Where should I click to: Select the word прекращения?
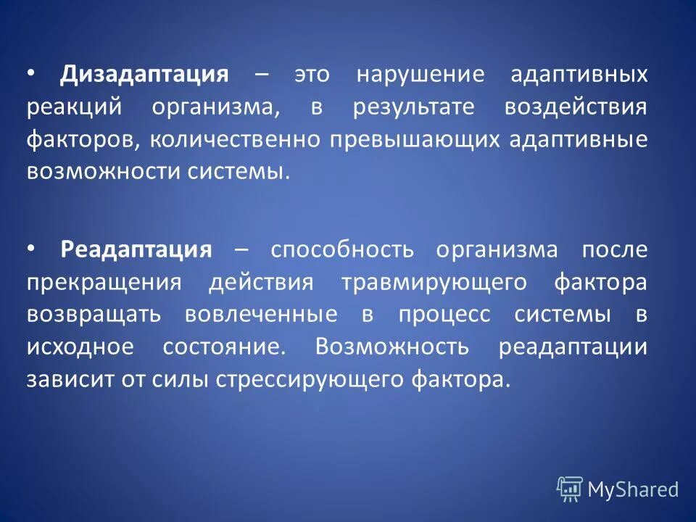click(x=104, y=282)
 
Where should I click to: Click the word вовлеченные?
click(x=261, y=315)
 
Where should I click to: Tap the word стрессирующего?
click(x=306, y=379)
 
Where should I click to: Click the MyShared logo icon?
click(x=570, y=489)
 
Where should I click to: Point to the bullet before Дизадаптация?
click(x=30, y=73)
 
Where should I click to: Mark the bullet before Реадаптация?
click(x=30, y=248)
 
